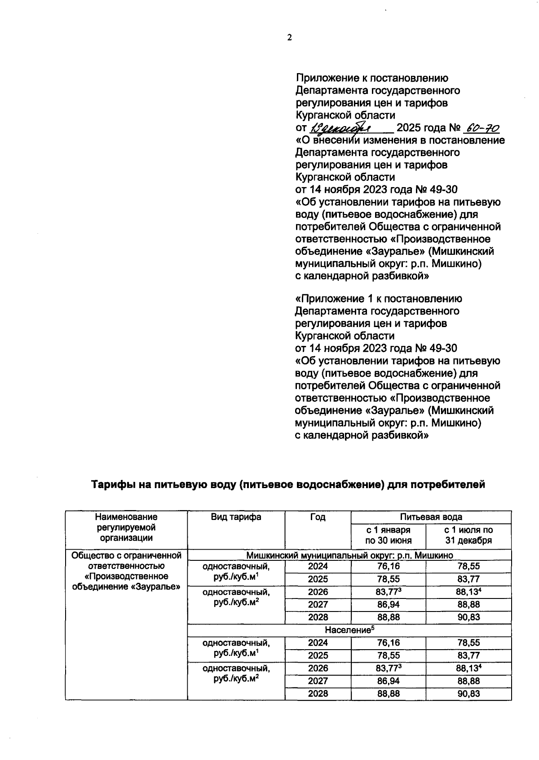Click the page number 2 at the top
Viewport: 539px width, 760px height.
tap(290, 38)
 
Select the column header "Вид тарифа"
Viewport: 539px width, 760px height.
tap(236, 517)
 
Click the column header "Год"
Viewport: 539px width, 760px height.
tap(318, 517)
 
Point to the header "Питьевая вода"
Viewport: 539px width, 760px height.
tap(431, 517)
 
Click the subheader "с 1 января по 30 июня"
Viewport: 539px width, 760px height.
tap(388, 535)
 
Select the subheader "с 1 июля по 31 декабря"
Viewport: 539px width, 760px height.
tap(468, 535)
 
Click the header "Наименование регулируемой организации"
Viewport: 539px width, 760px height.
tap(126, 527)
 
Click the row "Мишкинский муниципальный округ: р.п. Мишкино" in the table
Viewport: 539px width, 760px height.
tap(349, 555)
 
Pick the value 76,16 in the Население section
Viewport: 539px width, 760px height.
tap(388, 642)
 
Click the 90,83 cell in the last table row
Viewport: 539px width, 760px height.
tap(468, 694)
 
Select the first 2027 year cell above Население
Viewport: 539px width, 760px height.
tap(318, 604)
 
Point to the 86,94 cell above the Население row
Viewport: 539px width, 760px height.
tap(388, 604)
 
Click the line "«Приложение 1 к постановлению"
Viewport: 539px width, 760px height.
tap(379, 298)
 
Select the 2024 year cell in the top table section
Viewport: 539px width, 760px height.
tap(318, 566)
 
